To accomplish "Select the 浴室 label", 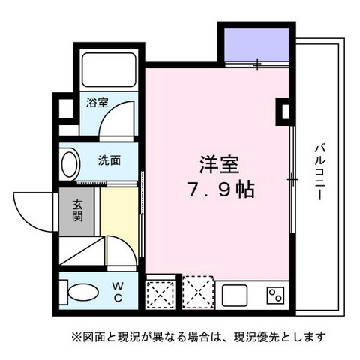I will tap(97, 102).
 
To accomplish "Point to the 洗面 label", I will tap(109, 160).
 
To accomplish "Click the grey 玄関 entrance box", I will tap(78, 213).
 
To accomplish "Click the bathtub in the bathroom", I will tap(108, 69).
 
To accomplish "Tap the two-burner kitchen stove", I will tap(275, 293).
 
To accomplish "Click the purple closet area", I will tap(254, 46).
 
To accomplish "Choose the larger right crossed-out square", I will tap(197, 292).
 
